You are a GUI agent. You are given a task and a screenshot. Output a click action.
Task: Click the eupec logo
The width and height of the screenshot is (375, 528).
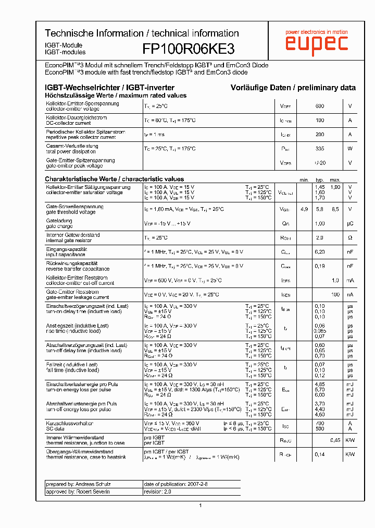pos(316,44)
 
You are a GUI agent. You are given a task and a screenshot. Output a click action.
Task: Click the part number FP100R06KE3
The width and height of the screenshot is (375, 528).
pos(189,49)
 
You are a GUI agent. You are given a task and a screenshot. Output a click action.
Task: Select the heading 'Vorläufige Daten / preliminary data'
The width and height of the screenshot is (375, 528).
pos(293,88)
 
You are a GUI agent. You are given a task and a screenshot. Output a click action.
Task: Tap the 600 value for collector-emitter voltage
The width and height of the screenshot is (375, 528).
pos(319,106)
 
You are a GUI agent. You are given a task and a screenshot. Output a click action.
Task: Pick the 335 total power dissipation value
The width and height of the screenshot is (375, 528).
pos(319,149)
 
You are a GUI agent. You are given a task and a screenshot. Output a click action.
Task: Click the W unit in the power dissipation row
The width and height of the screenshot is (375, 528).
pos(350,149)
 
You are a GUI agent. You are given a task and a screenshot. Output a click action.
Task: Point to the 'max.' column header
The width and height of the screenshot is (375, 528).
pos(335,179)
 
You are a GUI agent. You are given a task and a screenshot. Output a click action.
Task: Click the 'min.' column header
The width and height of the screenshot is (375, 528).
pos(304,179)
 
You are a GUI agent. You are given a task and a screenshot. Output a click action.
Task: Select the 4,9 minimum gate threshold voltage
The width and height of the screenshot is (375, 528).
pos(304,209)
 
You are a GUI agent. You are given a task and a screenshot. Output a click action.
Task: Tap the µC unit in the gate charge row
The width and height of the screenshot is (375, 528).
pos(350,223)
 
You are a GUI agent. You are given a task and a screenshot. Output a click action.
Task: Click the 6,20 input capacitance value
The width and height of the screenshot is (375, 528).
pos(319,251)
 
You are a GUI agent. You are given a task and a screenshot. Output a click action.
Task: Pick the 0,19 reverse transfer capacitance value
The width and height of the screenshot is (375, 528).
pos(319,266)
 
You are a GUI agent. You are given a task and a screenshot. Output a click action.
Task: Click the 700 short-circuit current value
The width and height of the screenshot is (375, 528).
pos(319,423)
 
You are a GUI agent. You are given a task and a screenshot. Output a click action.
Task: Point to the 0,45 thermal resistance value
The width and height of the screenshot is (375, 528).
pos(335,440)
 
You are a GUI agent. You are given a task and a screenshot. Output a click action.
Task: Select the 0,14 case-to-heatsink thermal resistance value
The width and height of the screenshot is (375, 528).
pos(319,454)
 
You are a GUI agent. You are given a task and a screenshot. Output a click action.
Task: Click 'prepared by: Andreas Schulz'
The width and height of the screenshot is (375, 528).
pos(78,484)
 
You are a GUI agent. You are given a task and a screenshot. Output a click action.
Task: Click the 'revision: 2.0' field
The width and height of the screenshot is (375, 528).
pos(157,491)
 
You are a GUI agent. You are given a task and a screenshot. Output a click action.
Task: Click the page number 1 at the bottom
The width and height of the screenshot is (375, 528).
pos(200,506)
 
